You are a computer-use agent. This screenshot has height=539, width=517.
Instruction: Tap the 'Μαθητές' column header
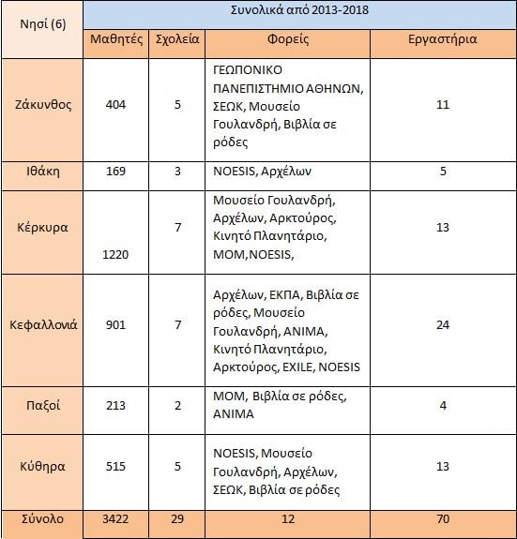[x=115, y=40]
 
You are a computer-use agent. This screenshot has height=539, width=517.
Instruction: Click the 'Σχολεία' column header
[x=175, y=40]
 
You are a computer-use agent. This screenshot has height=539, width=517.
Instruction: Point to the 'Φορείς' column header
[x=288, y=40]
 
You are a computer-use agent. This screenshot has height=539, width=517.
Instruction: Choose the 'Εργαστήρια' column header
[x=443, y=40]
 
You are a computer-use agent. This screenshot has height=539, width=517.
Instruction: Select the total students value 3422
[x=115, y=518]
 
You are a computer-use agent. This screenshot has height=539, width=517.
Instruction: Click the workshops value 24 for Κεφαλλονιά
[x=443, y=325]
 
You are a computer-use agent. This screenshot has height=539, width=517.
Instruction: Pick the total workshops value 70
[x=443, y=518]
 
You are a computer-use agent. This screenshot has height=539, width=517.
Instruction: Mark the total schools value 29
[x=175, y=518]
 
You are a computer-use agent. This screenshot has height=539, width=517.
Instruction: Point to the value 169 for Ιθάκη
[x=115, y=172]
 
